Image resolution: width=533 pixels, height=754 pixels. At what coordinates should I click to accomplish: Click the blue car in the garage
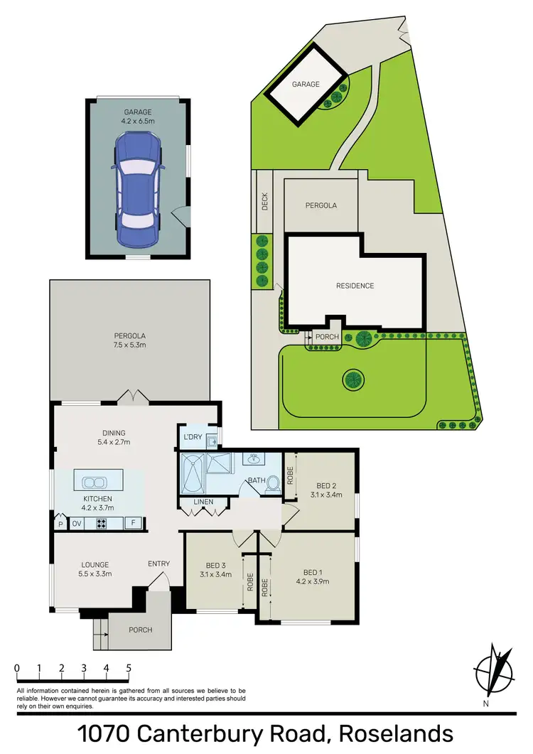click(138, 188)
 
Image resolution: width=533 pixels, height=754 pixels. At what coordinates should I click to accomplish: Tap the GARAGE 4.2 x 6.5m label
click(138, 115)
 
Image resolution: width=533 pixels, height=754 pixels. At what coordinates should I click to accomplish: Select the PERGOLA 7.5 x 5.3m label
click(129, 340)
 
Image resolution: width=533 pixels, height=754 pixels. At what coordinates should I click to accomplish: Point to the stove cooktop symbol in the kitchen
click(101, 524)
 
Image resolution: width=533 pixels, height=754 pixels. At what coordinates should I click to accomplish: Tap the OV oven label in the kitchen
click(76, 524)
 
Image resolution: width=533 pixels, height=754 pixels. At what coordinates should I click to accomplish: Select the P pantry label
click(60, 524)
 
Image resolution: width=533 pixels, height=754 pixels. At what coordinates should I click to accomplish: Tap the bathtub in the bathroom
click(193, 473)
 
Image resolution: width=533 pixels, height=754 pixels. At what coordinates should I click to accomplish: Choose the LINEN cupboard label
click(204, 503)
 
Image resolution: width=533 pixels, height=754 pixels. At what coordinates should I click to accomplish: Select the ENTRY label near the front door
click(158, 564)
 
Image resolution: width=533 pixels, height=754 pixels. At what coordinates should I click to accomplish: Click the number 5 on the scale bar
click(129, 668)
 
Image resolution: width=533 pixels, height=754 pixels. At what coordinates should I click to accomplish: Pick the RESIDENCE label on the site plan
click(355, 286)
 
